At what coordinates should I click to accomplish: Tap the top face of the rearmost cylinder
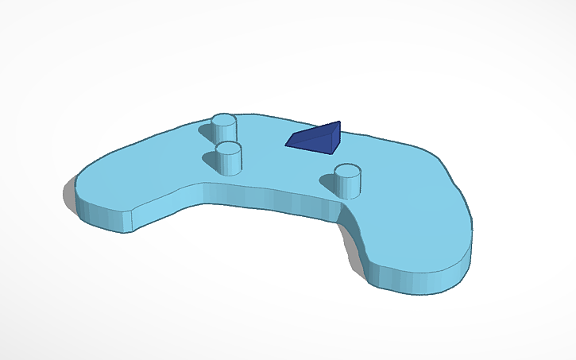point(224,120)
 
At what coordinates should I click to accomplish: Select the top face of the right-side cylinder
point(347,171)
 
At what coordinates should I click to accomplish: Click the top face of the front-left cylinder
point(229,148)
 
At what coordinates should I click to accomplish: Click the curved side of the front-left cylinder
point(230,163)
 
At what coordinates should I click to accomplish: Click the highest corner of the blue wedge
point(339,122)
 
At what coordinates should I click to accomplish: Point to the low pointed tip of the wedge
point(287,144)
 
